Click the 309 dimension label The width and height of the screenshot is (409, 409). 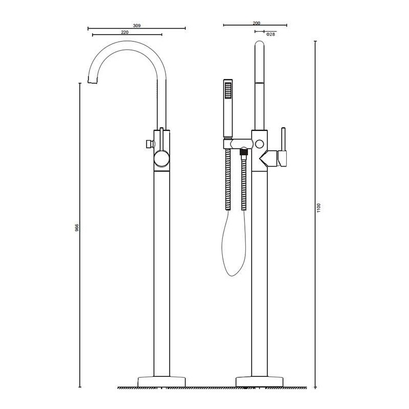(137, 25)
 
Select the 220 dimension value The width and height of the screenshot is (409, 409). (124, 32)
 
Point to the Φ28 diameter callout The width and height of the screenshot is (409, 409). (271, 34)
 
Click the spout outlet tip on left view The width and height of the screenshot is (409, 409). (93, 80)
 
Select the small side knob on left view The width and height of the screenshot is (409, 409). (148, 144)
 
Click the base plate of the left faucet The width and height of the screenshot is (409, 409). (162, 381)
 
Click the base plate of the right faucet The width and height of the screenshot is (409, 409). (260, 381)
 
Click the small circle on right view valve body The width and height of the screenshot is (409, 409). (261, 144)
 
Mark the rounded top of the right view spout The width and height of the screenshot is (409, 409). (260, 46)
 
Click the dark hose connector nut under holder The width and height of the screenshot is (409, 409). (244, 151)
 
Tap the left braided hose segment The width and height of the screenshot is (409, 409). (228, 179)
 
